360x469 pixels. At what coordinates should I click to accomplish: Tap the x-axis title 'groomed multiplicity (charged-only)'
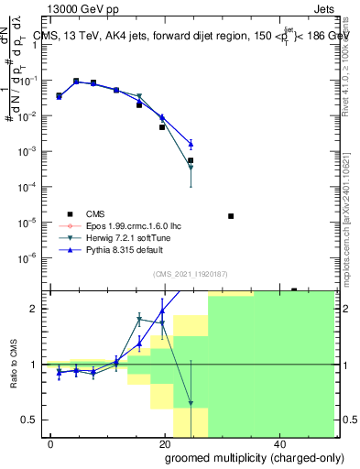tap(242, 456)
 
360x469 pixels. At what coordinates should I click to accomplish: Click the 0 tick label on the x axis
tap(50, 443)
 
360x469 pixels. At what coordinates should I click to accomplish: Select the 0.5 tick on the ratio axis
tap(29, 420)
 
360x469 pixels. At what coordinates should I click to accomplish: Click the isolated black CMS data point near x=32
tap(231, 216)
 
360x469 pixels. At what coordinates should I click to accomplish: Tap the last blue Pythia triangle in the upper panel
tap(191, 144)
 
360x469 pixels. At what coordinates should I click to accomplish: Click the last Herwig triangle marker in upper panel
tap(191, 168)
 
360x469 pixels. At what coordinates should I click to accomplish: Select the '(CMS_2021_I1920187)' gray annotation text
tap(191, 273)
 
